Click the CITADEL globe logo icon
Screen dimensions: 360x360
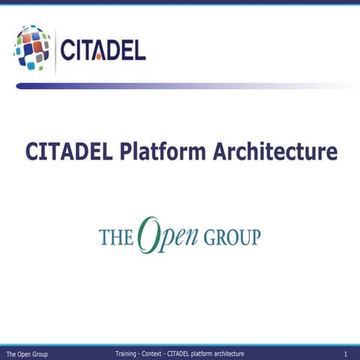(x=31, y=47)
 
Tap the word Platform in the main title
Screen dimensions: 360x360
(x=160, y=151)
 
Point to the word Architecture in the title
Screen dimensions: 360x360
(x=274, y=151)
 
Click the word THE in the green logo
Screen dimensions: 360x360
(x=116, y=238)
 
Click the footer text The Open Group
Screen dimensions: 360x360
(x=27, y=353)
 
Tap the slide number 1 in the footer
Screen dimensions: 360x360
(x=345, y=353)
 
